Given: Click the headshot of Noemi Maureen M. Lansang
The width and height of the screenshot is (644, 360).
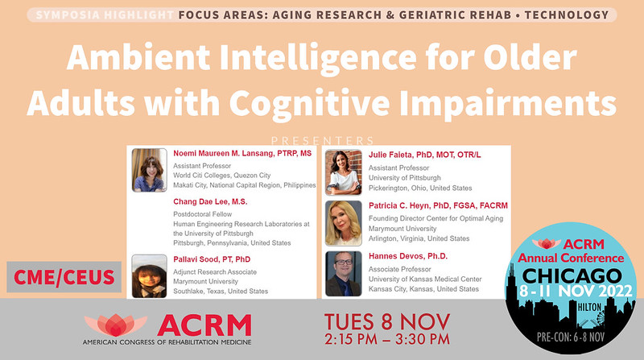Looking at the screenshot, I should (149, 170).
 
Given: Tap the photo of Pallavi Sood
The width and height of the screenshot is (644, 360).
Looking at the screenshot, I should (149, 276).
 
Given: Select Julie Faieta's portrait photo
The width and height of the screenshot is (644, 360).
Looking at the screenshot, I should (343, 172).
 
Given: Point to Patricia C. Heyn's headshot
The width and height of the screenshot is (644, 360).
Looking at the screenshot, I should (343, 223).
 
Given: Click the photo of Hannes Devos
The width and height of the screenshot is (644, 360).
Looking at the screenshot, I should (343, 274).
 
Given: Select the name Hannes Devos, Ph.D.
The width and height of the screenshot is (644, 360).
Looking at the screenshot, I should (407, 257).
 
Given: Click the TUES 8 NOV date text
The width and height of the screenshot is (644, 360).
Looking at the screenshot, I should (382, 321).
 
